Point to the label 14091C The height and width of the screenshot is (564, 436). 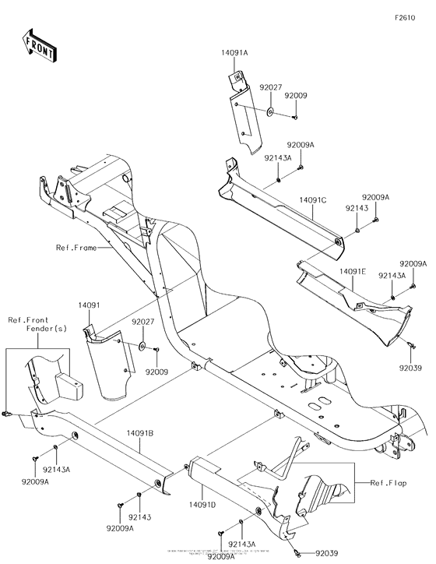311,200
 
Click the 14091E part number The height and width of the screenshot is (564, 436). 352,272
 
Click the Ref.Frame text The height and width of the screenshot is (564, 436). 77,248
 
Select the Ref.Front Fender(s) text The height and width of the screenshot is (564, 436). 37,323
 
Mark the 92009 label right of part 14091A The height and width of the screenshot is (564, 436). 296,95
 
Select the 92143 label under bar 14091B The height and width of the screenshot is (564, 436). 140,517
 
